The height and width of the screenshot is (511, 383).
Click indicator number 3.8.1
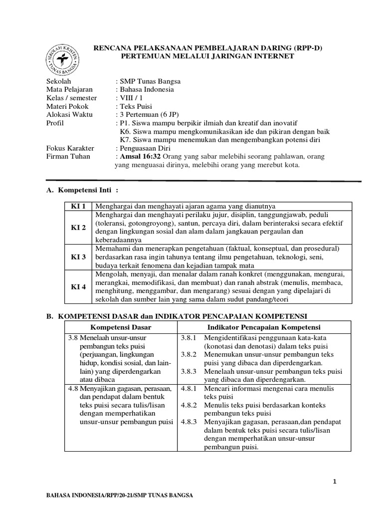click(x=189, y=338)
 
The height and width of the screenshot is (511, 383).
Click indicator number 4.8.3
click(x=189, y=422)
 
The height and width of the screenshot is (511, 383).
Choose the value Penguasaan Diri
click(x=145, y=148)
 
